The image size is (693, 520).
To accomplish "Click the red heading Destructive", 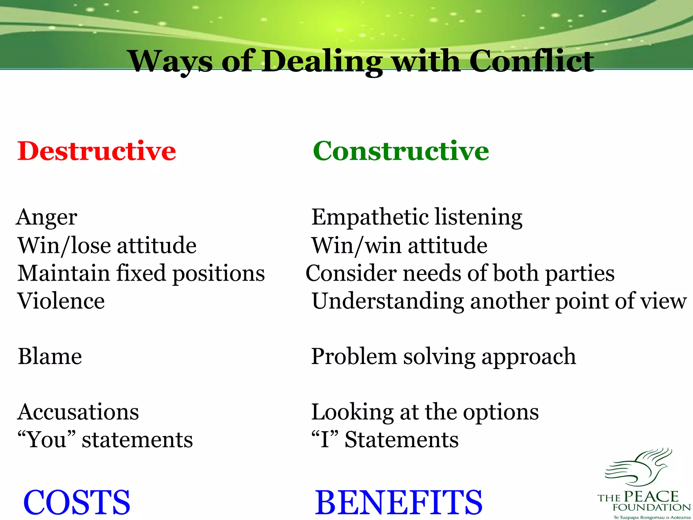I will pos(96,151).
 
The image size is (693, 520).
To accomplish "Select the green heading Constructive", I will pos(401,151).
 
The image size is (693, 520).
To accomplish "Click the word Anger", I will pos(47,217).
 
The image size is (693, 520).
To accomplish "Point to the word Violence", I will pos(61,301).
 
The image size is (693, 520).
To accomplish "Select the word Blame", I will pos(50,356).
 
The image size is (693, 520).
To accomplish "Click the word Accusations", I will pos(78,412).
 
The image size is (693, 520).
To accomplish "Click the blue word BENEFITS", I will pos(399,502).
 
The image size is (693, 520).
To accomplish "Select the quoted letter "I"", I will pos(325,439).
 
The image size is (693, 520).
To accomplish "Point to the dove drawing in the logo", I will pos(638,467).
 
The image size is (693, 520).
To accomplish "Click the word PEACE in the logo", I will pos(651,497).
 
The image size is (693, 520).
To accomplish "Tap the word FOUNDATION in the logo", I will pos(651,507).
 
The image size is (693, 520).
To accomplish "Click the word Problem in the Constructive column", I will pos(354,356).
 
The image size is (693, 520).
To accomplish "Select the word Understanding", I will pos(388,301).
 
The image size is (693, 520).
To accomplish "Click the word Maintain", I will pos(64,273).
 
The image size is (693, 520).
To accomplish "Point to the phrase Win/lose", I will pos(64,245).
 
